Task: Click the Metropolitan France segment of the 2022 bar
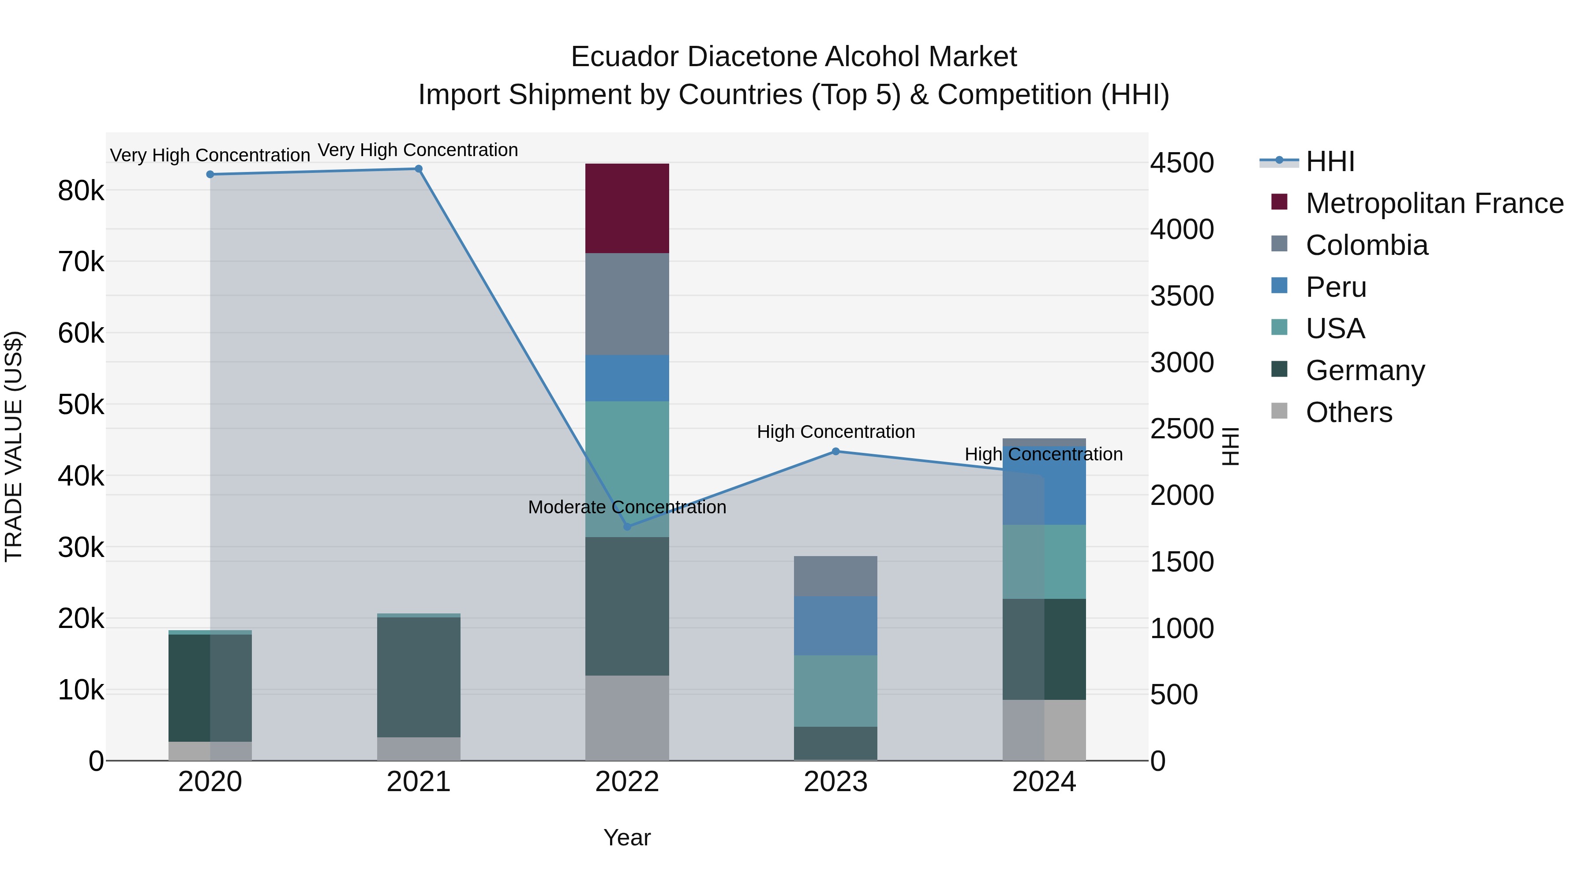(627, 208)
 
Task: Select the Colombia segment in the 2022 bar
(627, 304)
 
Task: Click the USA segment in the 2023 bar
(835, 691)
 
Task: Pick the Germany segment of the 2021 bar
(419, 676)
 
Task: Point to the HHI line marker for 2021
(419, 169)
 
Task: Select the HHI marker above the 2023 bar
(836, 452)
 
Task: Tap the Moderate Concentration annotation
(627, 507)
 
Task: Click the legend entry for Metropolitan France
(1434, 203)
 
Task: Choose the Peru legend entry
(1335, 287)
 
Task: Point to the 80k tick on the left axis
(81, 191)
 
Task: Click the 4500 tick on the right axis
(1182, 163)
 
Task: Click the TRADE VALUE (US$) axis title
(14, 446)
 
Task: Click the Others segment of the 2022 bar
(627, 718)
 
